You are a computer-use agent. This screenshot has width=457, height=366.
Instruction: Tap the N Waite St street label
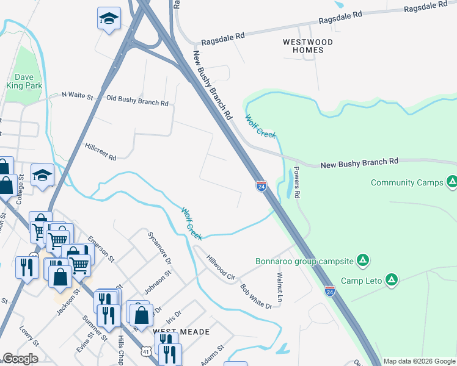pos(78,96)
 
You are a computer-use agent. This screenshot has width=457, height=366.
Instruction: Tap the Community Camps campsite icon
pos(452,182)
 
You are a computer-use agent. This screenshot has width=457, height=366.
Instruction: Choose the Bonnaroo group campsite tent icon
pos(363,261)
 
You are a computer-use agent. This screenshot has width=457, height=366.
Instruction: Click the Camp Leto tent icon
pos(392,281)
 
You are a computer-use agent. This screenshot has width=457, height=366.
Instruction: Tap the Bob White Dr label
pos(255,296)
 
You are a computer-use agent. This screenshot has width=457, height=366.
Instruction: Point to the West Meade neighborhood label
pos(181,332)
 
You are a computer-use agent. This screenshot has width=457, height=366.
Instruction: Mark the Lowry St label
pos(29,335)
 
